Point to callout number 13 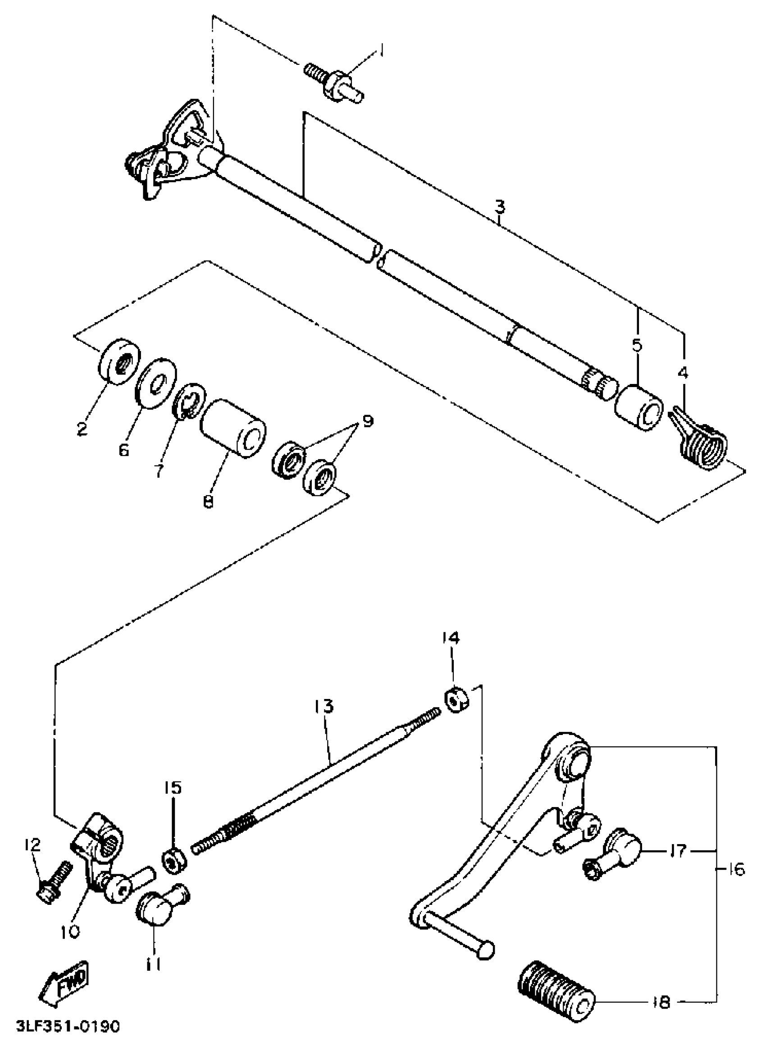coord(323,706)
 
